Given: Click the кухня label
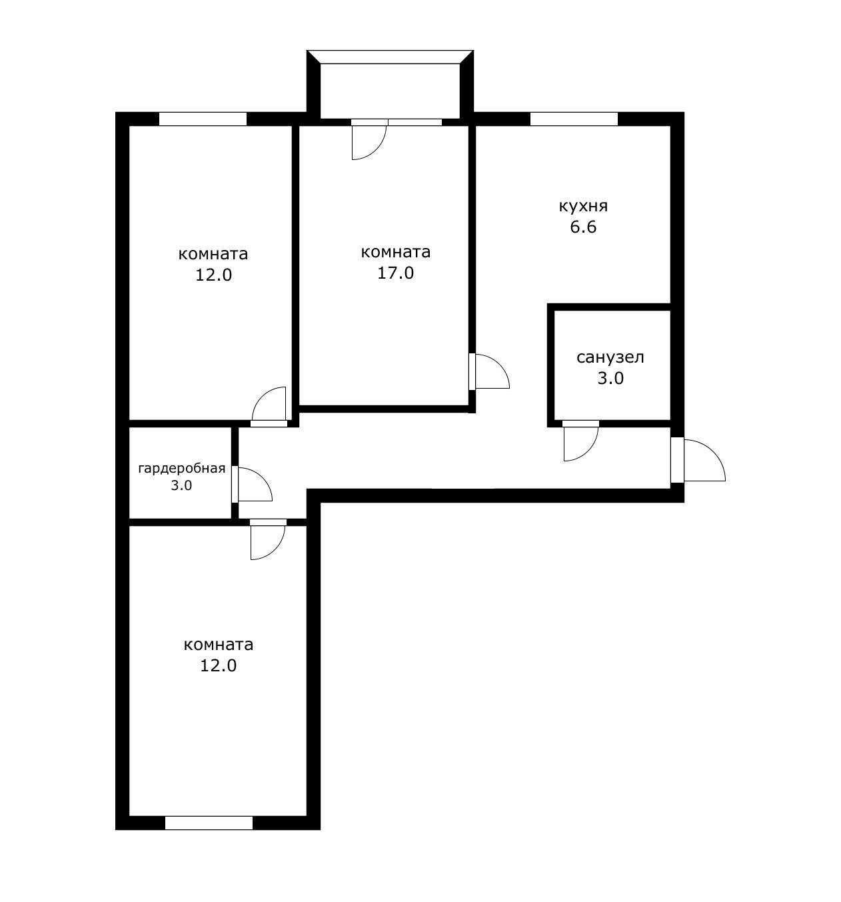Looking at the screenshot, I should pos(583,206).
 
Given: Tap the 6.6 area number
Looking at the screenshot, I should pos(582,227).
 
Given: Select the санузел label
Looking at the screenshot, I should pos(610,357).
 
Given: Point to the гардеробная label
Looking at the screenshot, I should pos(181,468).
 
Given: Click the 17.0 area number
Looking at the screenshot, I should pos(395,273).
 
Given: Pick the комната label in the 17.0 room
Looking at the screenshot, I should pos(395,252).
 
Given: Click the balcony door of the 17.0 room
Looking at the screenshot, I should pos(369,139).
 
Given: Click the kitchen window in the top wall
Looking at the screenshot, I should pos(574,119).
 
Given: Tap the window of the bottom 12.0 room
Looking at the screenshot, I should pos(209,823).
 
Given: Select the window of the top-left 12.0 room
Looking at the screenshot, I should pos(203,119).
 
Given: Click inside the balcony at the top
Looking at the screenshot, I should pos(390,90).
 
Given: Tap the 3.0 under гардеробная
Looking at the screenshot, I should pos(181,485).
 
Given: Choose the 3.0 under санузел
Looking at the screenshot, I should pos(610,379).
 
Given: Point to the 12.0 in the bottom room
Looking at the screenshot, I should pos(218,665).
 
